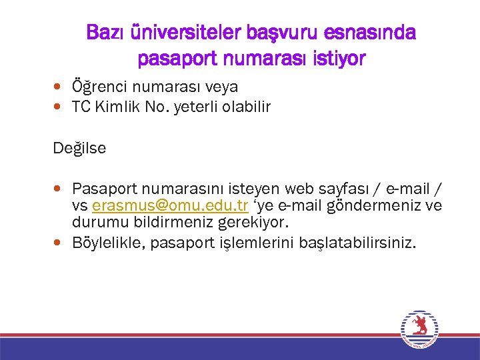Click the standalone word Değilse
pos(79,148)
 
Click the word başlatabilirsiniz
pos(358,243)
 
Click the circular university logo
pos(419,328)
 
